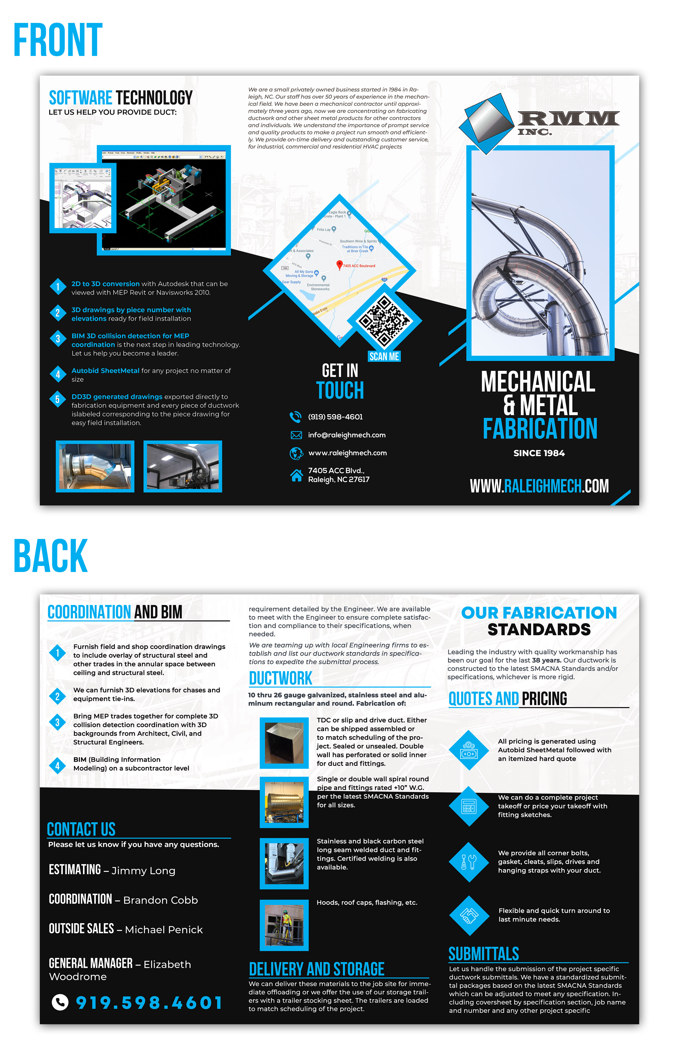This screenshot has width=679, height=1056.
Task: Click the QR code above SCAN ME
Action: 384,321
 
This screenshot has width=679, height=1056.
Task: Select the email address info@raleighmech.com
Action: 347,435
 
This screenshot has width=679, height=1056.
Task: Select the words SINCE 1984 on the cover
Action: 539,453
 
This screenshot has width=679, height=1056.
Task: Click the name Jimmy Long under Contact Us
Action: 143,871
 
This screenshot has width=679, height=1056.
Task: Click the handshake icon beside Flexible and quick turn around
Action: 469,915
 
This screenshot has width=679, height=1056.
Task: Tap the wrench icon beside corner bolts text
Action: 469,862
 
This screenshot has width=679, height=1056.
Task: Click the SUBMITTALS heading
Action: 484,954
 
